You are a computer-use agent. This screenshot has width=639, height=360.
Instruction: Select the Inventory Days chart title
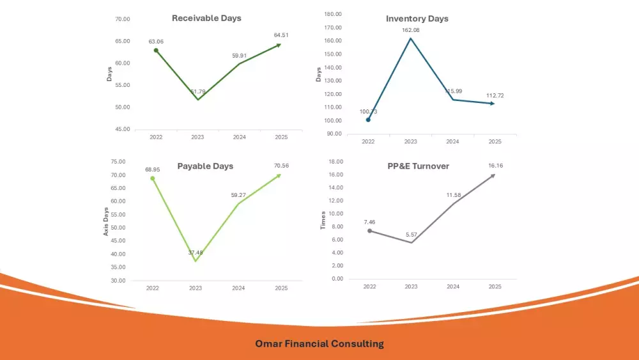(x=417, y=19)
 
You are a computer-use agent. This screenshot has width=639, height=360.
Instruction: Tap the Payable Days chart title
(x=205, y=166)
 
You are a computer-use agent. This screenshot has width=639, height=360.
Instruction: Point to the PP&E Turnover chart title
(x=418, y=166)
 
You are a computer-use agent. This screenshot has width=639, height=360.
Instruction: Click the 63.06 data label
(x=156, y=42)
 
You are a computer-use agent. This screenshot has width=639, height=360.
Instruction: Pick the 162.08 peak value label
(x=411, y=30)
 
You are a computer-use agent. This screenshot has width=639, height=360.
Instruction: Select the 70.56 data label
(x=281, y=166)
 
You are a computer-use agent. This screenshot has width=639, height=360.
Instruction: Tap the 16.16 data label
(x=496, y=166)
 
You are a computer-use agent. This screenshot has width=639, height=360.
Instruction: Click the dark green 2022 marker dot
(x=156, y=51)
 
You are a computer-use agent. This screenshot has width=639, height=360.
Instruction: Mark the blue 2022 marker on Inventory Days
(x=368, y=120)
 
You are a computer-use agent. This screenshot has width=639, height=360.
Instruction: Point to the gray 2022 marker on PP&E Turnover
(x=369, y=231)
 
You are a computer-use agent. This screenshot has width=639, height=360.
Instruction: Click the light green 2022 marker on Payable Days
(x=152, y=178)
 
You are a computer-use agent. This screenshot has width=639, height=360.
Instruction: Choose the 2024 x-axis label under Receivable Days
(x=239, y=137)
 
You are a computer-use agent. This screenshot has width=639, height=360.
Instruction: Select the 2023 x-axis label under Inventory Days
(x=410, y=141)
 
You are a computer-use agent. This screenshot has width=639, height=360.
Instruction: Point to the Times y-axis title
(x=323, y=221)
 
